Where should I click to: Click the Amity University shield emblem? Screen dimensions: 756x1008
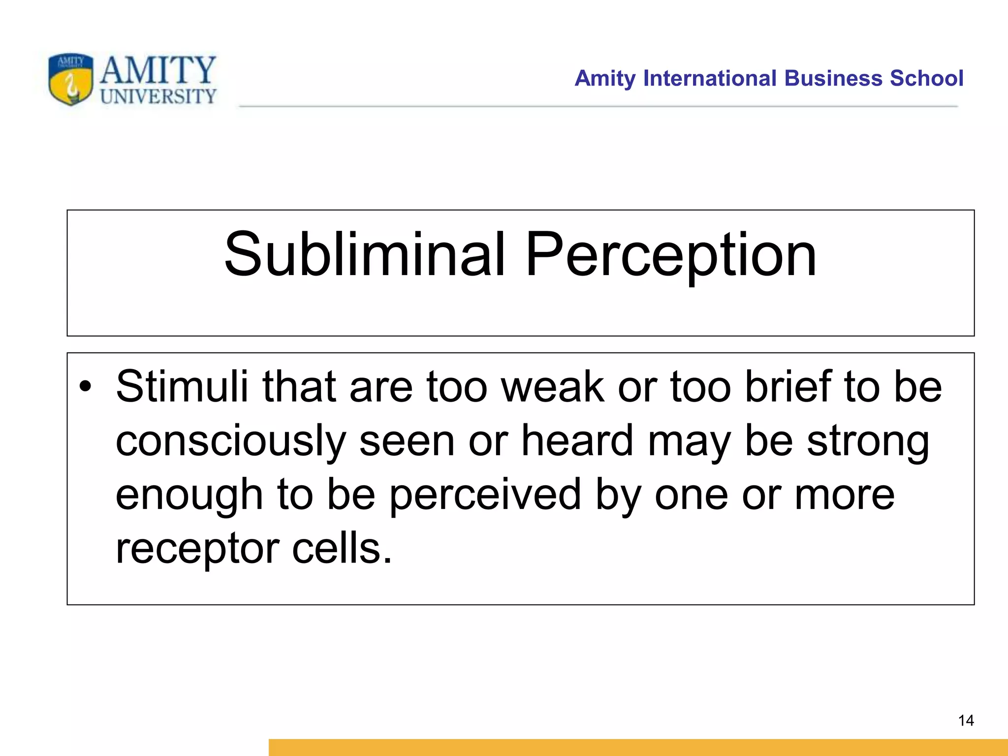71,79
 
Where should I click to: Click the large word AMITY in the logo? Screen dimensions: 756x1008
158,70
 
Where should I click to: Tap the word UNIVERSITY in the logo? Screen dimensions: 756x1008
158,96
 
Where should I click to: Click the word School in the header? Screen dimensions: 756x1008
926,78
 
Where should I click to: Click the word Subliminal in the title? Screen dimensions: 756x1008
364,254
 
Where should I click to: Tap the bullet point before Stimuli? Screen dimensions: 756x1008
85,387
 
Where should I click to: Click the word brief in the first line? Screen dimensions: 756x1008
787,387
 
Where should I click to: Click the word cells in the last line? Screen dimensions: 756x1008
342,549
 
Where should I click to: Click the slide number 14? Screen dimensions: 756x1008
966,721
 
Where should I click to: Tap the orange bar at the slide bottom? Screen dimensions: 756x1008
638,747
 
